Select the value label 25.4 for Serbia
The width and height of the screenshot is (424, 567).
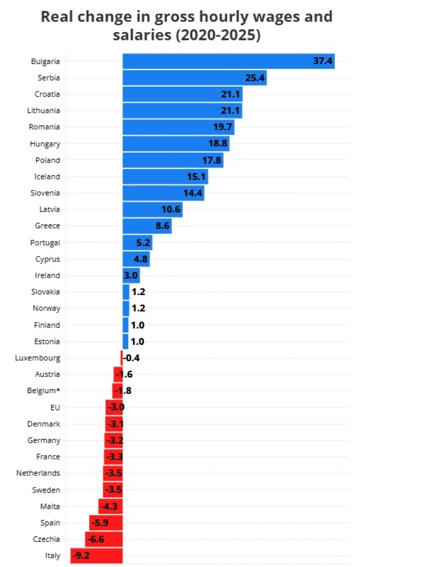point(256,78)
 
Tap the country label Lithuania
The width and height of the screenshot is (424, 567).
point(44,111)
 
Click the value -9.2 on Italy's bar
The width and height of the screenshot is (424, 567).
point(81,555)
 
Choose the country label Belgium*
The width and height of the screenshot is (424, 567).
point(43,391)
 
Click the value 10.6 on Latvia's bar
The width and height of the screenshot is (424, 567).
point(171,209)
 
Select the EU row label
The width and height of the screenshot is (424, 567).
point(55,407)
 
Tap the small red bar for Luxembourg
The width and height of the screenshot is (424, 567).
point(121,358)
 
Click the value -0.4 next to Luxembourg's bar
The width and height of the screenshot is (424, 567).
point(132,358)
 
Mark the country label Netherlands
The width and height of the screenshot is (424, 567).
point(38,473)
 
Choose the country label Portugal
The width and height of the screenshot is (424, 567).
point(45,243)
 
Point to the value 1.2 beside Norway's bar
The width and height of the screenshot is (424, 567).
point(138,308)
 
